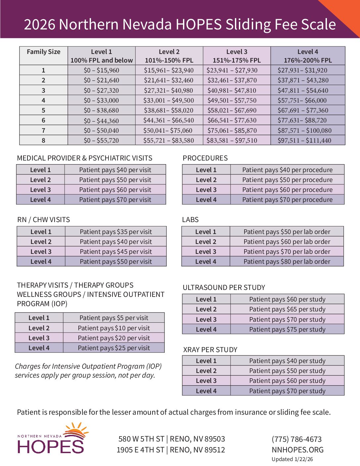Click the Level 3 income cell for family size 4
click(x=237, y=100)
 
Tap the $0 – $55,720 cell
click(x=101, y=140)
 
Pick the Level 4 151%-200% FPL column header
click(x=308, y=56)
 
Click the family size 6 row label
click(x=44, y=120)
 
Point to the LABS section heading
click(x=190, y=220)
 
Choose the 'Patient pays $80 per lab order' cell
click(x=287, y=261)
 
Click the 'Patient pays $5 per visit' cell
click(x=114, y=318)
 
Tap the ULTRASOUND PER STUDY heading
click(x=224, y=287)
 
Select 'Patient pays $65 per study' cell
click(x=287, y=309)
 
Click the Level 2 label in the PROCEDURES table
click(x=206, y=180)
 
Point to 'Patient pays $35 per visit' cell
click(x=116, y=232)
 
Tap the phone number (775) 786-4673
click(x=297, y=439)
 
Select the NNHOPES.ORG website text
click(x=298, y=450)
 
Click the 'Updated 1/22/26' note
click(x=292, y=459)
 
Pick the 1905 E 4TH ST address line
click(x=171, y=450)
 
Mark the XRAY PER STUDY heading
click(x=210, y=349)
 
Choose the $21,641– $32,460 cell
click(x=169, y=80)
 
